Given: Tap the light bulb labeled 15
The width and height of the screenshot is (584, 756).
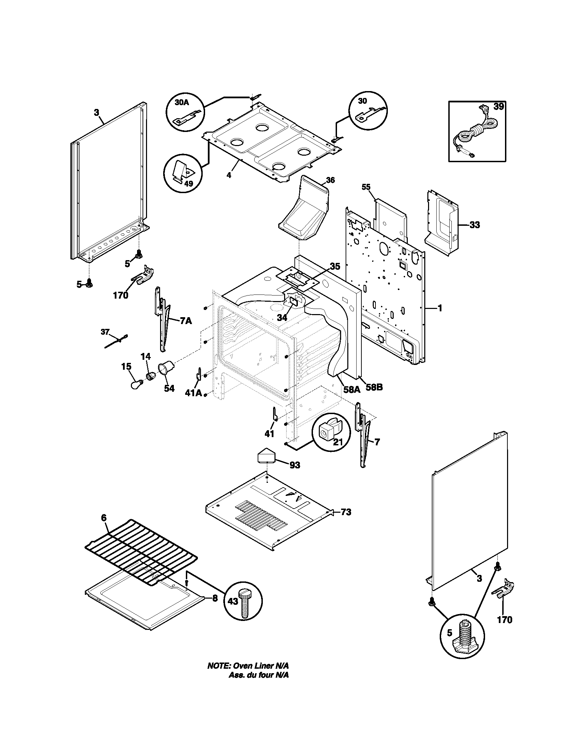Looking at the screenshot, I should [135, 385].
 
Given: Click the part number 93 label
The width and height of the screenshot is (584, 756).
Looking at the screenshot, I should [295, 465].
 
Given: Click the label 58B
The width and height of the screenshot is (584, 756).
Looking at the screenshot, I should [374, 387].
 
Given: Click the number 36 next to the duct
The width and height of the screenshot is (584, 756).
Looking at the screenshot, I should [330, 180].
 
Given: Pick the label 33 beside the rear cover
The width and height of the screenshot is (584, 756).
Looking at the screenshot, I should [475, 225].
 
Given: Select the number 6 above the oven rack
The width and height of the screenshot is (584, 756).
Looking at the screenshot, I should [104, 527].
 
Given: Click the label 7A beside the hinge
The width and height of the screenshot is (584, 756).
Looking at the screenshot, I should [185, 321].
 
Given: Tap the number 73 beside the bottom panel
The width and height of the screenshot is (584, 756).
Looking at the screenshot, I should [346, 522].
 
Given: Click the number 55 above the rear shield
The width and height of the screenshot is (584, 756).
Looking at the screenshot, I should [366, 187].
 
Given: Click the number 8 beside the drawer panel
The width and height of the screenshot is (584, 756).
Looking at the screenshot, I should [215, 598].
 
